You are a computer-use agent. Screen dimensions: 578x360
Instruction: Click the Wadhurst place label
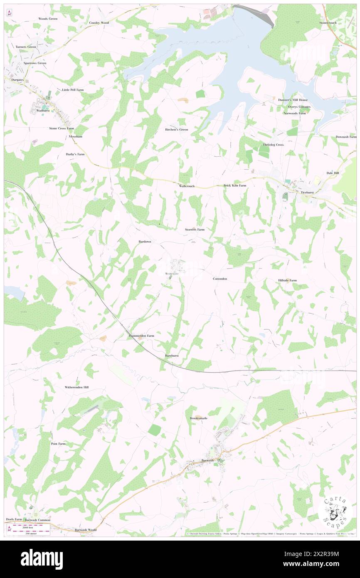click(x=43, y=111)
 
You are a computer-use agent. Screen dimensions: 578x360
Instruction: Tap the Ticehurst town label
click(x=309, y=192)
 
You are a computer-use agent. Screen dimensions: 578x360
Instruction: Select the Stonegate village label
click(x=172, y=273)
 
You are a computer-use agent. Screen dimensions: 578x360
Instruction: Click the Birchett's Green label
click(x=176, y=129)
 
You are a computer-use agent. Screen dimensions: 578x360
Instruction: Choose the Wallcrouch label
click(x=187, y=186)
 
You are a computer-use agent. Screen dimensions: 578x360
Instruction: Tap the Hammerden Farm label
click(x=141, y=335)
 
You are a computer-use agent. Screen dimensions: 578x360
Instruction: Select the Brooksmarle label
click(x=198, y=418)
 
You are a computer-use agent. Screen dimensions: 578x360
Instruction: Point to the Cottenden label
click(x=219, y=279)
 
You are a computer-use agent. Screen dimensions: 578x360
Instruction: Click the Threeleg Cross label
click(x=273, y=145)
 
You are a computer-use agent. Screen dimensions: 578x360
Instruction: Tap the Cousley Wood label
click(x=99, y=22)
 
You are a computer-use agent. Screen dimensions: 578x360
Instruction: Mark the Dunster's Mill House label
click(x=293, y=100)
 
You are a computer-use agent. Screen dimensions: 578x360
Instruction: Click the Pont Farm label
click(x=58, y=444)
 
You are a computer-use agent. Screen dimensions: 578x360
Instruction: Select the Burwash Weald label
click(x=86, y=530)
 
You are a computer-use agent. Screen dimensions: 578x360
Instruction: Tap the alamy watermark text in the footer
click(x=42, y=559)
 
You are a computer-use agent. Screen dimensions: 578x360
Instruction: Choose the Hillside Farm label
click(x=287, y=280)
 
